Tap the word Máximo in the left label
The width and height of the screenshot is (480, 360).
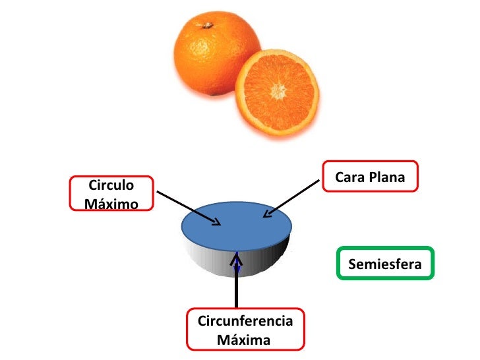(111, 203)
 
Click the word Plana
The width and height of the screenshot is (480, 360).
(388, 177)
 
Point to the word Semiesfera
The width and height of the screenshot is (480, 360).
(385, 265)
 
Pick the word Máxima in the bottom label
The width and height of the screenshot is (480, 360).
(243, 340)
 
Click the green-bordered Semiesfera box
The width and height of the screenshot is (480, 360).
(385, 264)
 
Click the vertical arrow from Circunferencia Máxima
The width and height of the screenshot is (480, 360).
(237, 284)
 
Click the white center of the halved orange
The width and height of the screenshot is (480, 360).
(278, 89)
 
